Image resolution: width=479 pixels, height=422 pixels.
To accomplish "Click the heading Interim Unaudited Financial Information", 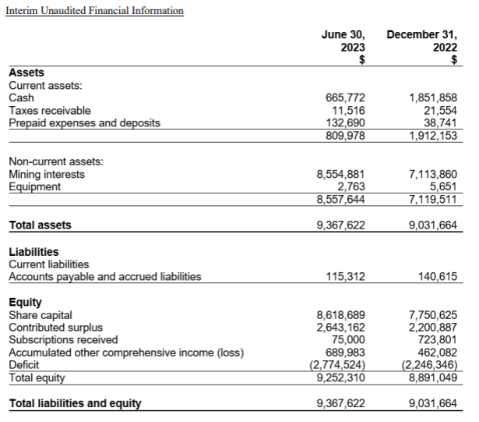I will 94,11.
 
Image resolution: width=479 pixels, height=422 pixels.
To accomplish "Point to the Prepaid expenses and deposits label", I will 84,123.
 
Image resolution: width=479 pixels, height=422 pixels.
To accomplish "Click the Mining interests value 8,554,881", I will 340,174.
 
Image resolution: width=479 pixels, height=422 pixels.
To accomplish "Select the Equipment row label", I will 34,186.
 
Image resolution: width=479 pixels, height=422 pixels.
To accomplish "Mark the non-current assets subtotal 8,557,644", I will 340,199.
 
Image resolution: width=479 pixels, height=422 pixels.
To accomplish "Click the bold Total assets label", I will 40,225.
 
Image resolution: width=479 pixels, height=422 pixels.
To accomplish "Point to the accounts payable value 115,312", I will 345,276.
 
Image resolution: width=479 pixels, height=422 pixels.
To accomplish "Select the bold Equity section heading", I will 25,302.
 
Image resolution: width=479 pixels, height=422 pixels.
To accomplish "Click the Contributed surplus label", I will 55,327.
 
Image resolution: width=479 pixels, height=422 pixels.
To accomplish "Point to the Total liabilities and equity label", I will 75,403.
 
